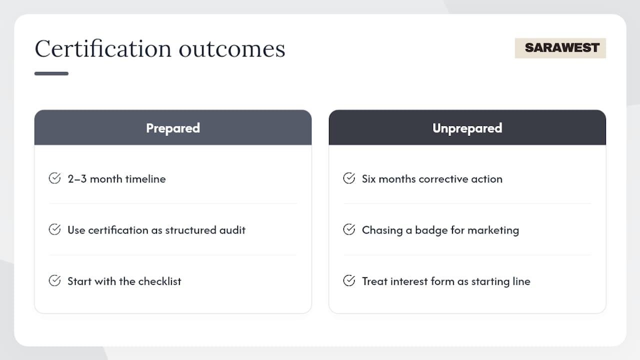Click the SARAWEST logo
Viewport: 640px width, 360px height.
[560, 48]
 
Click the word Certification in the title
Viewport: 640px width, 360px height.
[103, 48]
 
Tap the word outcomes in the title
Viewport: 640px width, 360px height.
[232, 49]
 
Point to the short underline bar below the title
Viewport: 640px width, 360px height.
[51, 73]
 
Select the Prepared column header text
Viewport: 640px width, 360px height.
[173, 128]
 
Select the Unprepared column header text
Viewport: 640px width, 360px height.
[467, 128]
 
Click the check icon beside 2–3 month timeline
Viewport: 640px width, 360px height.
[54, 178]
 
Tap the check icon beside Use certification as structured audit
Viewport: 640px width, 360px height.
[54, 229]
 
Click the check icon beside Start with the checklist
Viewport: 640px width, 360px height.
[54, 280]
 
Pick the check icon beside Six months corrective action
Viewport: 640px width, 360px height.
[349, 178]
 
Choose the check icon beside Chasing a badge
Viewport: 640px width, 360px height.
[349, 229]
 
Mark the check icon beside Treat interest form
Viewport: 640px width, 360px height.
[349, 280]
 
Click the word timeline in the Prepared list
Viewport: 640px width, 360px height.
[145, 179]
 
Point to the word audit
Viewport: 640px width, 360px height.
[232, 230]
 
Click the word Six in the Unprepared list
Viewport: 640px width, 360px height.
[368, 179]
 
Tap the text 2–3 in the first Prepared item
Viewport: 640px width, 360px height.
[77, 179]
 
